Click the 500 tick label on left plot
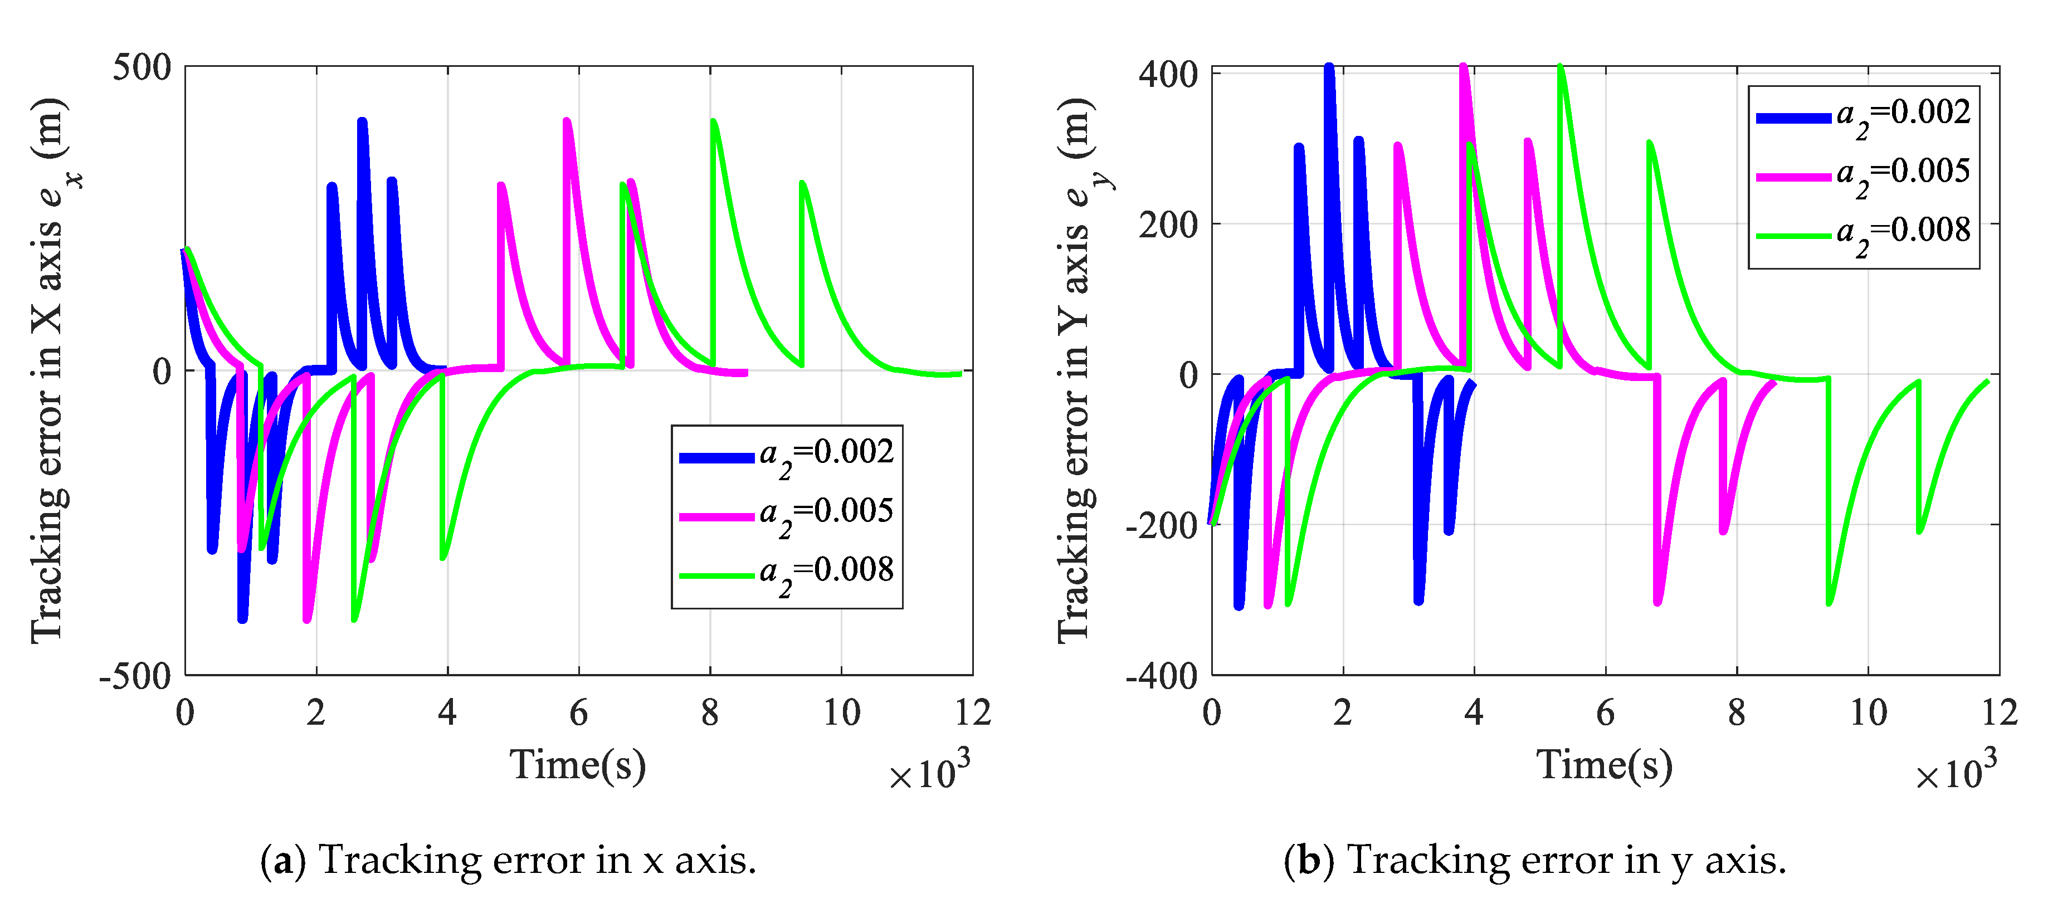coord(142,67)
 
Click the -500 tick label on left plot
coord(135,676)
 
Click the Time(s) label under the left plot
coord(577,764)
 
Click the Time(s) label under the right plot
coord(1604,764)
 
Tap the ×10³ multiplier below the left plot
coord(929,772)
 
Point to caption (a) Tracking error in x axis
coord(508,861)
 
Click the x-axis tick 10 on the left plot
coord(841,712)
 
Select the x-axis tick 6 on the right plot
coord(1605,712)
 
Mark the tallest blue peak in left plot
coord(362,123)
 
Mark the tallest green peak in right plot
coord(1560,68)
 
